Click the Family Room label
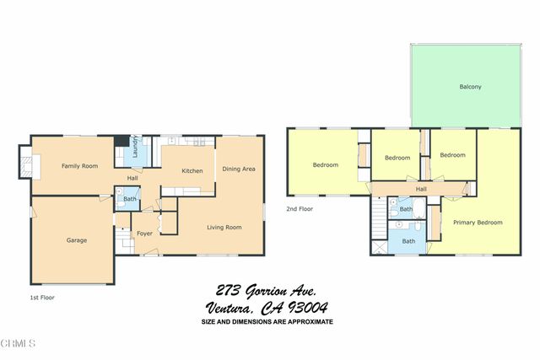click(75, 166)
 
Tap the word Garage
click(77, 240)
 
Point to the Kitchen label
click(192, 171)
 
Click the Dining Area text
click(239, 169)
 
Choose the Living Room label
click(225, 227)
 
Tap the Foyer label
click(144, 233)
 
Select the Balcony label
click(471, 87)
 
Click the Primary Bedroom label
click(478, 223)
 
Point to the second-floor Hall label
click(420, 189)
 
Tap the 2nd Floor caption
click(299, 208)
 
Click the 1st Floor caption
click(41, 298)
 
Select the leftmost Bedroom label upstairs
click(326, 165)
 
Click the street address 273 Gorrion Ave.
click(266, 290)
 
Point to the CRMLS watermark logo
click(18, 344)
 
